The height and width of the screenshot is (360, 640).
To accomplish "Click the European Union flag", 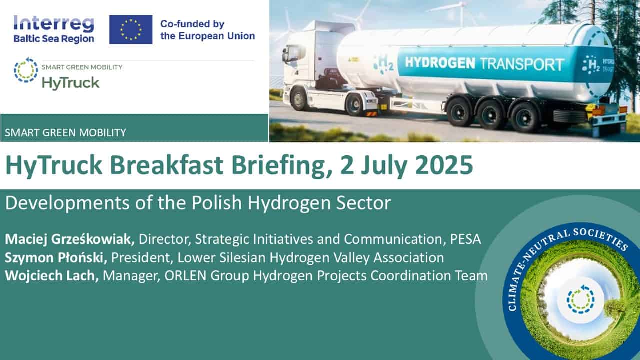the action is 131,29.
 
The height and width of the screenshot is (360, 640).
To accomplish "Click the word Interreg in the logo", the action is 54,24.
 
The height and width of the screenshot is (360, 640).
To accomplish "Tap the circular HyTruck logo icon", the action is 26,70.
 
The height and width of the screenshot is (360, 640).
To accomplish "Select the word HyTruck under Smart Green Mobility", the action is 71,83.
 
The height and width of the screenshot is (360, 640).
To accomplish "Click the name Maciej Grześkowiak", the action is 69,239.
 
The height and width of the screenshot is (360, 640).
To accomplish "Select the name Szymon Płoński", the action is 56,257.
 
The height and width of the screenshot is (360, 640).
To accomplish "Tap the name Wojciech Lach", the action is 52,276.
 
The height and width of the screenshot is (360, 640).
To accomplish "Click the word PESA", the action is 465,239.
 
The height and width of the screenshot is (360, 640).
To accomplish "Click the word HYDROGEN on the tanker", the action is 440,63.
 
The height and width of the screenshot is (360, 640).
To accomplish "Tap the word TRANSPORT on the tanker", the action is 522,64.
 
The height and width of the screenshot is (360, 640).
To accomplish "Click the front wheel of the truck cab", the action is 299,99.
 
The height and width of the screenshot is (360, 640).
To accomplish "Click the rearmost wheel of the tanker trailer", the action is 525,117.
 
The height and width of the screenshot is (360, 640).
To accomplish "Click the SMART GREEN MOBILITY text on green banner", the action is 65,133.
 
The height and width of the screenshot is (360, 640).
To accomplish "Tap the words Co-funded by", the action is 192,24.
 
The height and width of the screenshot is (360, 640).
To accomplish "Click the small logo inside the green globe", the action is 580,299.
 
